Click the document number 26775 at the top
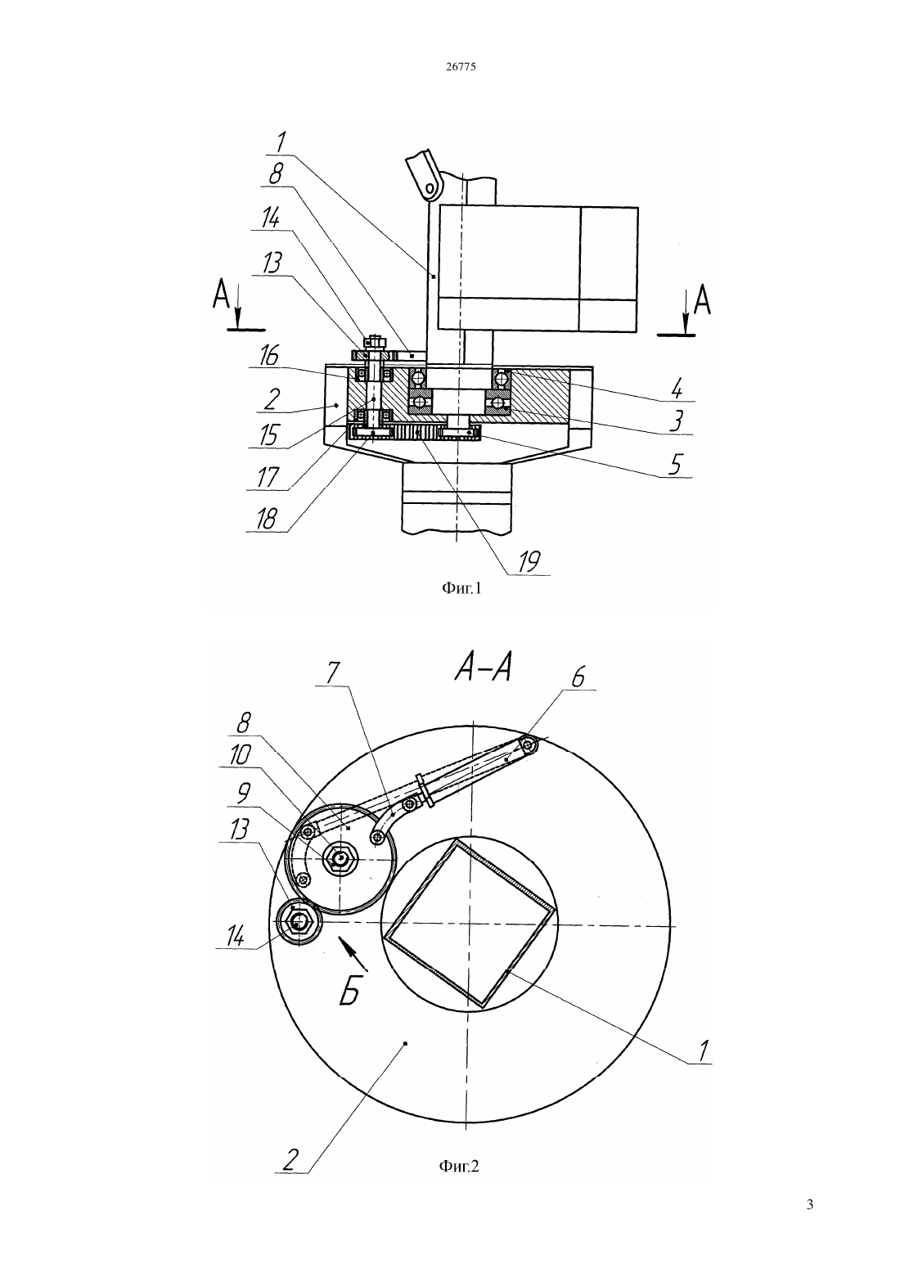pos(461,66)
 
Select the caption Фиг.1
pos(461,588)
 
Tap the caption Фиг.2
pos(459,1166)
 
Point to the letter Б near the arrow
pos(350,992)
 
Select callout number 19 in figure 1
pos(529,561)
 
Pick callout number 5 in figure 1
pos(674,465)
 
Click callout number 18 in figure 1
pos(267,519)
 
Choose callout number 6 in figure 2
pos(578,678)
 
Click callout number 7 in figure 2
pos(333,674)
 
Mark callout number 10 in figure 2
pos(240,755)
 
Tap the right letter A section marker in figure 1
pos(703,300)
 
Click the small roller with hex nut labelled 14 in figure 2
pos(298,924)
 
